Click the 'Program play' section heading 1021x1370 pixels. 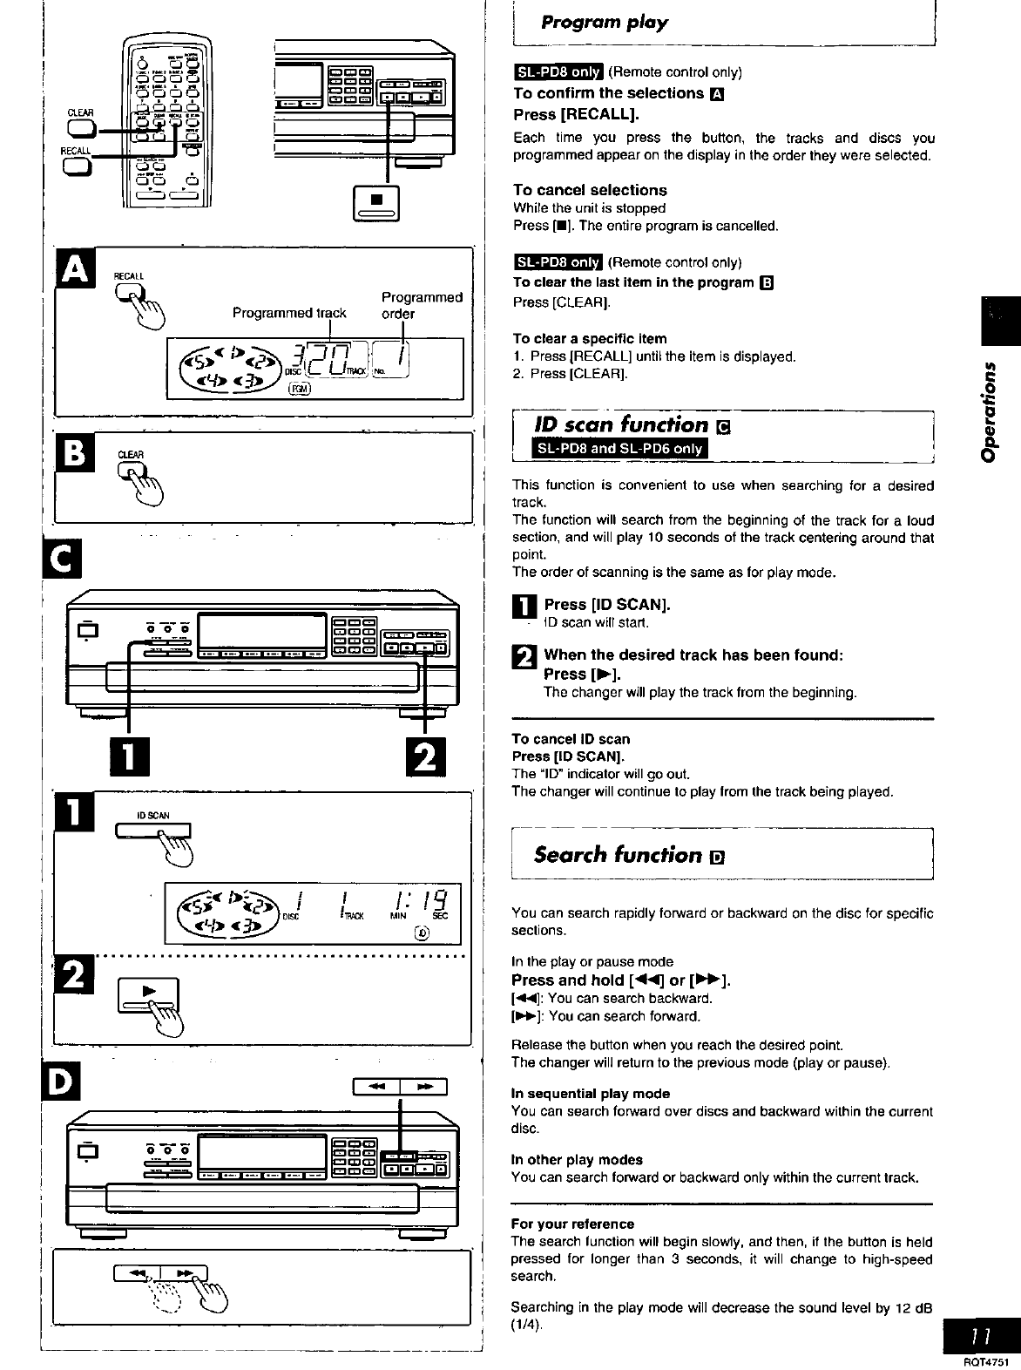tap(605, 23)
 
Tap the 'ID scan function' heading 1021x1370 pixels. tap(621, 424)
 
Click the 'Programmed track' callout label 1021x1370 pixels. tap(289, 313)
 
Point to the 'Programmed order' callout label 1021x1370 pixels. tap(421, 305)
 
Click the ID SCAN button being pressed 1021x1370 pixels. tap(166, 832)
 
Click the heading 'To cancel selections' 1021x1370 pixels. tap(590, 190)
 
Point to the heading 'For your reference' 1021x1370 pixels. tap(572, 1224)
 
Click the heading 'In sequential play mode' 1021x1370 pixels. tap(590, 1093)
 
